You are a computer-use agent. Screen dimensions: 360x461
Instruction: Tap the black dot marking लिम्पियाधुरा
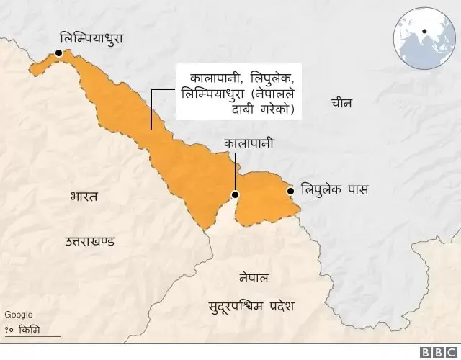58,52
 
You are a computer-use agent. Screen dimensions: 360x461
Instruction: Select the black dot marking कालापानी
234,194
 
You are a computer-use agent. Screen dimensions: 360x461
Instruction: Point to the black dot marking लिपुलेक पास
290,191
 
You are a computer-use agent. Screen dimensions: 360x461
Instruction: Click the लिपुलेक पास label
334,191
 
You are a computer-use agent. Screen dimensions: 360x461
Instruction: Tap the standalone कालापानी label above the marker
249,144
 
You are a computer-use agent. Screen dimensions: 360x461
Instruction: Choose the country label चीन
341,103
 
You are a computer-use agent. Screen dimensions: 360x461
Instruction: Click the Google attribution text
18,315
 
